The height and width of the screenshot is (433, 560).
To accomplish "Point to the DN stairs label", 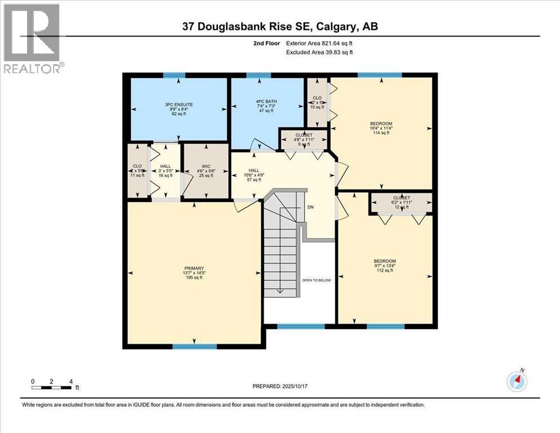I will click(310, 207).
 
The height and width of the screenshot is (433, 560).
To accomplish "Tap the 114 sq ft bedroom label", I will click(381, 128).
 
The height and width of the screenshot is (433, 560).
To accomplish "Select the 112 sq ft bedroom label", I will click(385, 266).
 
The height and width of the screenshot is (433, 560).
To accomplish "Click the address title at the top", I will click(280, 27).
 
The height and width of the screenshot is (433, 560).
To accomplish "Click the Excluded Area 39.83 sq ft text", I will click(318, 52).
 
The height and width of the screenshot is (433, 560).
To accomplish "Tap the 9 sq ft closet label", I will click(304, 140).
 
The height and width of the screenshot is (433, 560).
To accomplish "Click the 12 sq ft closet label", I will click(401, 202).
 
